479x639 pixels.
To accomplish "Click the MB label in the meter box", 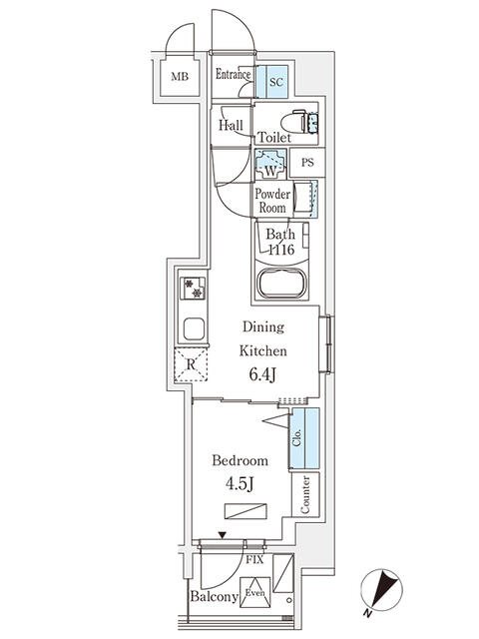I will click(180, 77).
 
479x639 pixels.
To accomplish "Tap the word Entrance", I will click(234, 75).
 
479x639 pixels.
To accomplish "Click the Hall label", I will click(232, 126).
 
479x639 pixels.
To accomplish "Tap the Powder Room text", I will click(271, 201).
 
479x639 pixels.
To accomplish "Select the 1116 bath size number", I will click(279, 251).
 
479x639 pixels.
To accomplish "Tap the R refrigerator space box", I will click(192, 365).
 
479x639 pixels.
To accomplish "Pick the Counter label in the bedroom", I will click(304, 494).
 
